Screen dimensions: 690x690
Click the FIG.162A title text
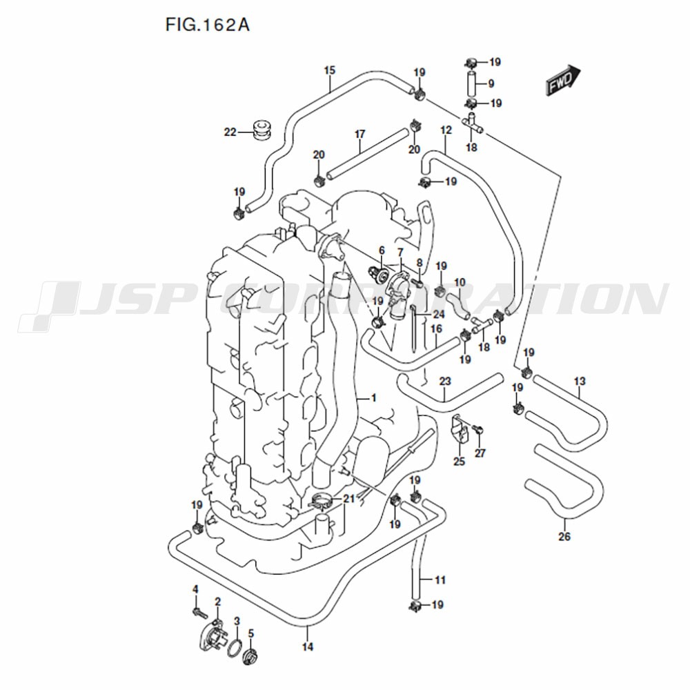coord(207,25)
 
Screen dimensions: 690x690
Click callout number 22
coord(230,132)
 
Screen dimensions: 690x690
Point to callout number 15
coord(330,70)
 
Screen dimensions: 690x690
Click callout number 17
coord(360,134)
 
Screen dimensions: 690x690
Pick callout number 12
coord(446,130)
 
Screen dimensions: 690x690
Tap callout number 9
coord(491,83)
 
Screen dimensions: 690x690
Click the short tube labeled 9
coord(471,83)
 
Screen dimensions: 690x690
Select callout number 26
coord(564,536)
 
